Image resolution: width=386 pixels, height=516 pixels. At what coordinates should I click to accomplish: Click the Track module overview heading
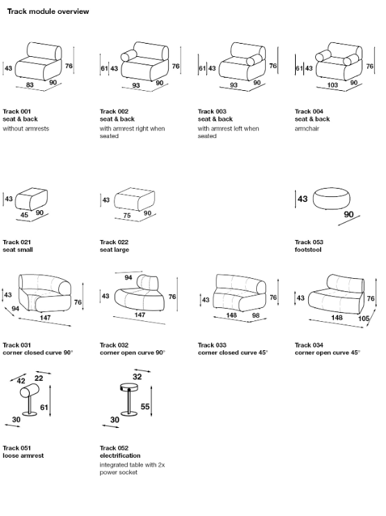[x=48, y=12]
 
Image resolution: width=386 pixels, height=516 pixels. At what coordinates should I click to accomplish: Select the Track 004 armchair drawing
[x=338, y=62]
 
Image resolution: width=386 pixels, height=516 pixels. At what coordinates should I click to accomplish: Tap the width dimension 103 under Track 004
[x=333, y=85]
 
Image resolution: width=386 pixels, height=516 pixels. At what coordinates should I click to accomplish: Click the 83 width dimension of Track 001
[x=30, y=85]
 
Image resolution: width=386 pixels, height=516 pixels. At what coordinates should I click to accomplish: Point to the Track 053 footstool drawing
[x=331, y=199]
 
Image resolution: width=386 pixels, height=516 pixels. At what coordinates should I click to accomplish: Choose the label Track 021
[x=17, y=242]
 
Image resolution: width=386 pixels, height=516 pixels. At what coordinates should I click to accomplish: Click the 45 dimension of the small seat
[x=24, y=215]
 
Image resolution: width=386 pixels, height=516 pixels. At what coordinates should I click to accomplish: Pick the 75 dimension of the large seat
[x=127, y=215]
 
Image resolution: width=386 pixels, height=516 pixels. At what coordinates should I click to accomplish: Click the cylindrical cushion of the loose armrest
[x=30, y=391]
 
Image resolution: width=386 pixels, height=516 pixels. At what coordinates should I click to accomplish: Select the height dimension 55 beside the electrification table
[x=145, y=406]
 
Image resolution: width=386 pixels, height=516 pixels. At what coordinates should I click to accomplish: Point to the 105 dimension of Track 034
[x=364, y=318]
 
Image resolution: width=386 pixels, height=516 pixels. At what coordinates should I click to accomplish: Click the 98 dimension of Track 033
[x=255, y=316]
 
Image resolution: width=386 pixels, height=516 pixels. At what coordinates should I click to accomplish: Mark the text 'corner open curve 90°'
[x=133, y=353]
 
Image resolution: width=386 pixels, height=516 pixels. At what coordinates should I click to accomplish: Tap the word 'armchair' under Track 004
[x=307, y=129]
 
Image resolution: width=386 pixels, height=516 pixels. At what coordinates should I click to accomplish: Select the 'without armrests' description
[x=26, y=129]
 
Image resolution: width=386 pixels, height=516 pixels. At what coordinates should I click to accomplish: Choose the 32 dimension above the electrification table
[x=137, y=377]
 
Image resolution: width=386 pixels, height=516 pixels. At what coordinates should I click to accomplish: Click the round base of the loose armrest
[x=30, y=413]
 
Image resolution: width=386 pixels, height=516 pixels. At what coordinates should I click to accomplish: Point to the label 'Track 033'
[x=212, y=345]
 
